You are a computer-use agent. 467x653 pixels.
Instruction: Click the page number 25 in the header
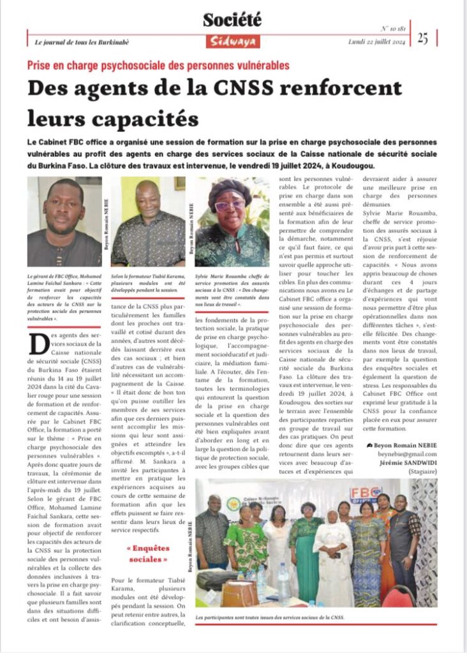423,38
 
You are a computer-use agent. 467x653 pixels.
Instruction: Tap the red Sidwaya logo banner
232,41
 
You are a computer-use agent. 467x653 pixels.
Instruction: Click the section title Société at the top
232,20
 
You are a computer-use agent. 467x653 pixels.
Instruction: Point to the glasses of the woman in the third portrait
230,205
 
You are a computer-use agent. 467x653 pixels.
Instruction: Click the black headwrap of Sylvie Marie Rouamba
230,189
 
